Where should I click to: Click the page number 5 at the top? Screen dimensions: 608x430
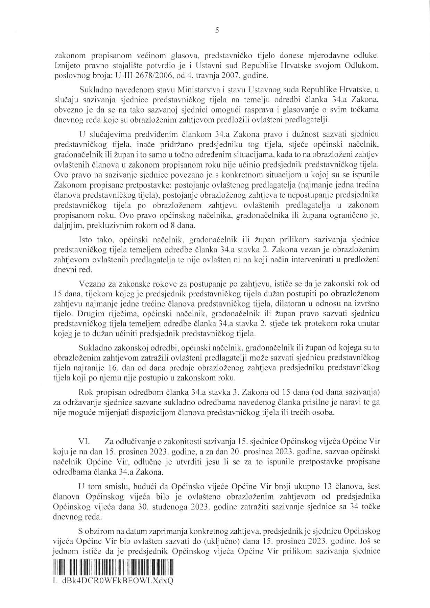point(217,31)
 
